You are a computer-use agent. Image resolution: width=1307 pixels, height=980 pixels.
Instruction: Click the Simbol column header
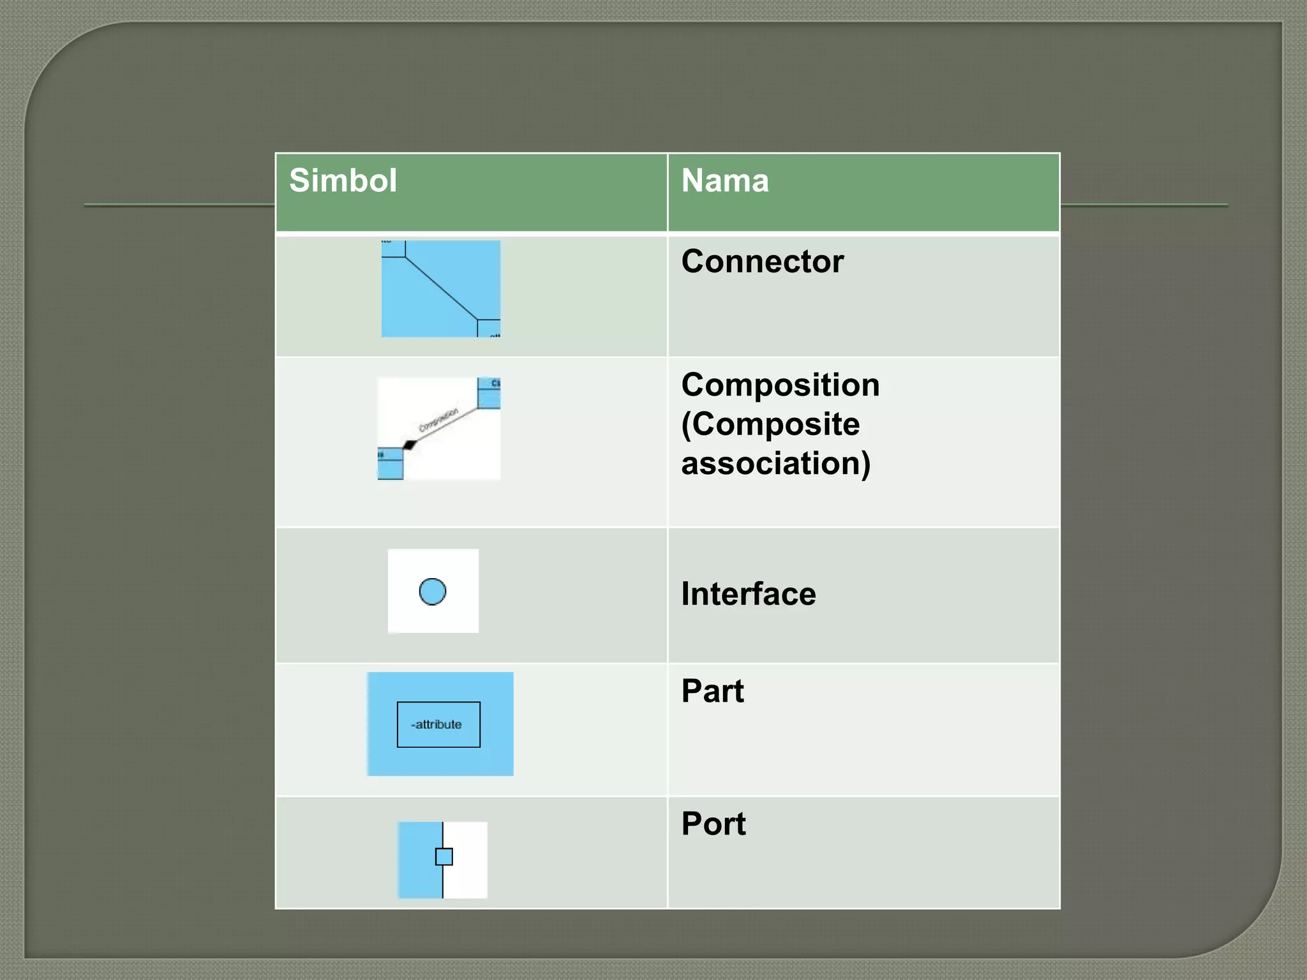click(x=343, y=181)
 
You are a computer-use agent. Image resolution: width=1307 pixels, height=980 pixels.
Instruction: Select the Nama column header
click(x=724, y=181)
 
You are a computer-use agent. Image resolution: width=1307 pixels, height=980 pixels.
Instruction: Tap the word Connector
click(x=762, y=262)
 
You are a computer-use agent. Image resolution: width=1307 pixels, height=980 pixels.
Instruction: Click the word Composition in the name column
click(x=780, y=385)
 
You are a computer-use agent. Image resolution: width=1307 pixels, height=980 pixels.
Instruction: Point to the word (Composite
click(x=770, y=424)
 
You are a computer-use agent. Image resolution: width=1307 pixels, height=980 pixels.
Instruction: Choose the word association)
click(x=775, y=463)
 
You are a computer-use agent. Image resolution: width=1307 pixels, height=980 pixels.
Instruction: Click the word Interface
click(x=748, y=594)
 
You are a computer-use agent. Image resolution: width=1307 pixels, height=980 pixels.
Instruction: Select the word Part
click(x=712, y=691)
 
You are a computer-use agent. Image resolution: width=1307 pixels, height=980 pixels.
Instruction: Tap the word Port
click(x=713, y=824)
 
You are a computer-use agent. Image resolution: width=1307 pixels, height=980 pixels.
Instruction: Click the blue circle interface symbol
click(x=433, y=591)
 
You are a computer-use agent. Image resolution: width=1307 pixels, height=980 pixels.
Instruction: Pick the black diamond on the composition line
click(x=410, y=445)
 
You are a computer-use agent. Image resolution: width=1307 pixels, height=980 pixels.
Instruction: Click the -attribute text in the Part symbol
click(x=437, y=725)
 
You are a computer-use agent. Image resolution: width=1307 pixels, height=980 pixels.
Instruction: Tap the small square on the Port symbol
click(x=444, y=857)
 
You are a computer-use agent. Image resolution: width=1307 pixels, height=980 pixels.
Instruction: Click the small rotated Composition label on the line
click(x=438, y=419)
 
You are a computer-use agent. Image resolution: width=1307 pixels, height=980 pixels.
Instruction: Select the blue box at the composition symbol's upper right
click(x=489, y=392)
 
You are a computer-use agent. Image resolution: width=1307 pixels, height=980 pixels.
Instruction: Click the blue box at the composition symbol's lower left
click(x=390, y=464)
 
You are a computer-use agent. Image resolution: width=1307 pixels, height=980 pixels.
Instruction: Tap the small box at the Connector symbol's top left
click(x=393, y=248)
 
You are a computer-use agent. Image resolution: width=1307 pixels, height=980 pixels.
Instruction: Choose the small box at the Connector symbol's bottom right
click(x=489, y=328)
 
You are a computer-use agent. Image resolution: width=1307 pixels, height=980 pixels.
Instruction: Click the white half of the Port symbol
click(x=466, y=860)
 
